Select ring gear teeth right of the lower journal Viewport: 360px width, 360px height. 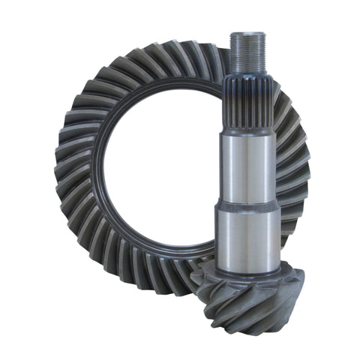point(289,225)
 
